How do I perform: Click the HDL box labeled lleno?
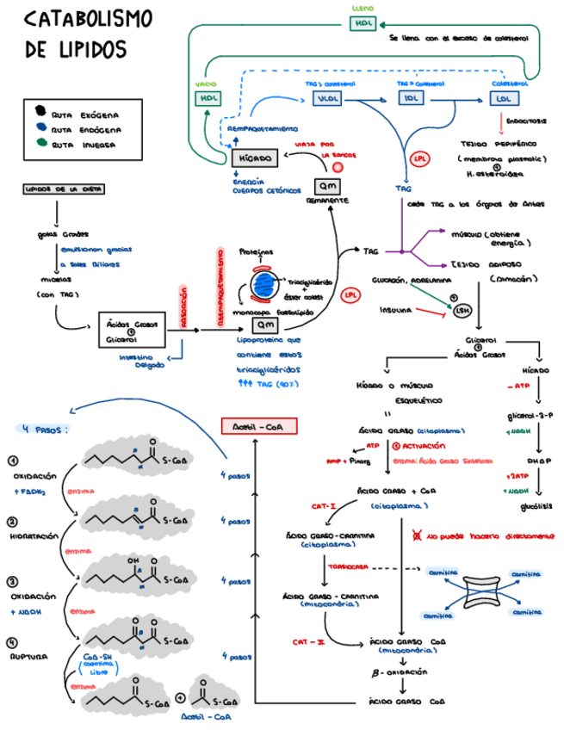coord(363,22)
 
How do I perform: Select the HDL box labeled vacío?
coord(208,98)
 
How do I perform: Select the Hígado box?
coord(255,158)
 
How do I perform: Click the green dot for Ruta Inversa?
coord(40,144)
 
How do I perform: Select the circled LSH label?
coord(462,310)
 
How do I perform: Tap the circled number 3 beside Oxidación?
coord(12,582)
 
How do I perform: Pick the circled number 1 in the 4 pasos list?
coord(12,461)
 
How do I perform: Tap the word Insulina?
coord(399,310)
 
